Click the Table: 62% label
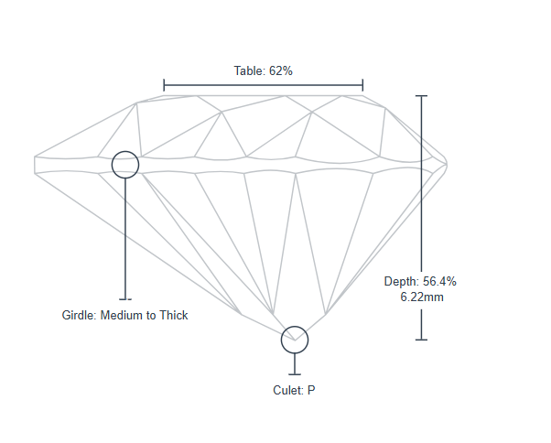(x=263, y=70)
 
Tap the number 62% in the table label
(x=280, y=70)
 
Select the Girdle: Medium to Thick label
(x=124, y=316)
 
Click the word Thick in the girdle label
(x=172, y=316)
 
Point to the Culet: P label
(x=294, y=390)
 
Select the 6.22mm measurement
(x=423, y=297)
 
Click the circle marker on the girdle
(x=125, y=165)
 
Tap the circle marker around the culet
(x=295, y=340)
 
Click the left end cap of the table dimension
(x=164, y=86)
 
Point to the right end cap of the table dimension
(x=362, y=86)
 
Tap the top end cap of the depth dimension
(x=421, y=95)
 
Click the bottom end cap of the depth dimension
(x=421, y=340)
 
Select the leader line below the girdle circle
(x=125, y=238)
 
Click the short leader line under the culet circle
(x=295, y=363)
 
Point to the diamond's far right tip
(x=447, y=165)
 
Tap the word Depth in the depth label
(x=400, y=282)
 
